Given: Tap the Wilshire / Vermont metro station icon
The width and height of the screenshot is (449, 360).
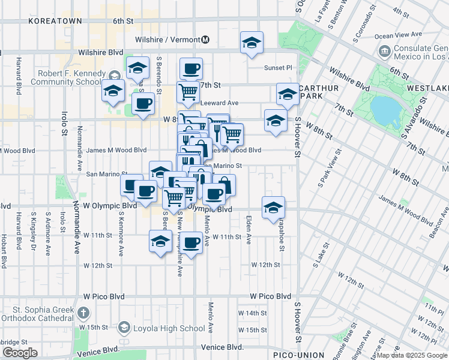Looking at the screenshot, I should point(205,40).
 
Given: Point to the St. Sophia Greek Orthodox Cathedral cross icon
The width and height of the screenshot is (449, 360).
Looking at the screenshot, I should point(83,312).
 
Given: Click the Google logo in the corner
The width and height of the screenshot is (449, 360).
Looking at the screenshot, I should point(20,353).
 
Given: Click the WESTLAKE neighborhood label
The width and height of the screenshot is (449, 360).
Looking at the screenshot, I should point(427,88).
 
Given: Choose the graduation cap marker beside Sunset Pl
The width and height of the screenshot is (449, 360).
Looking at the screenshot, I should point(252,43).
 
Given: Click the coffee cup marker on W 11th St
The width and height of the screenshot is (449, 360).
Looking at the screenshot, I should point(191,243).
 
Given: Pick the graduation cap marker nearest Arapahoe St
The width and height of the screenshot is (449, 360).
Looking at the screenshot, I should point(273,208).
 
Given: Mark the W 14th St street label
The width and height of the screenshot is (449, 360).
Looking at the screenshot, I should point(252,313).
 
